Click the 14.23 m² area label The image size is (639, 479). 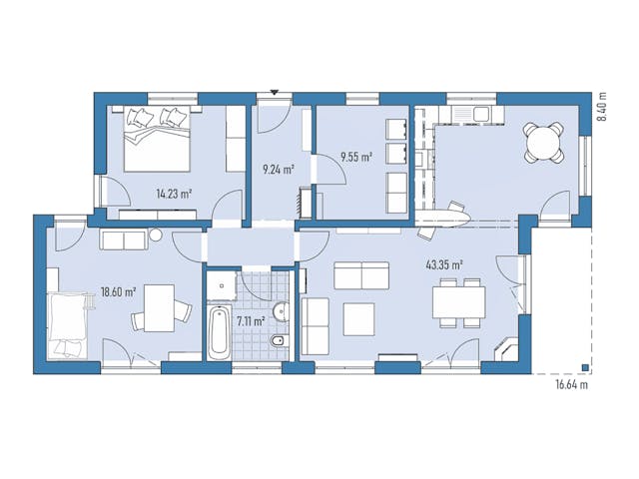point(174,194)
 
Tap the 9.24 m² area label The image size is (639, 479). point(279,169)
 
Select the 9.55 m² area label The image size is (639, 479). point(357,157)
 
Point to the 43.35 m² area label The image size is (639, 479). point(444,265)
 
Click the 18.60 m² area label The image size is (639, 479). point(118,292)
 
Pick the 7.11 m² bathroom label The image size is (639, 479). point(251,321)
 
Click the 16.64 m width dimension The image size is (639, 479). point(572,385)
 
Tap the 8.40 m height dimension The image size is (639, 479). point(601,106)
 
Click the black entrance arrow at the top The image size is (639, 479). point(275,92)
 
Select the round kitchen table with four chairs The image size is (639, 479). point(544,143)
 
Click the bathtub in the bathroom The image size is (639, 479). point(218,332)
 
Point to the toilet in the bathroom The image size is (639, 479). point(280,341)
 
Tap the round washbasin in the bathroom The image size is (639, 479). point(282,312)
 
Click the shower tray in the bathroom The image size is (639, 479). point(222,285)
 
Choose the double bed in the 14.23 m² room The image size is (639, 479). point(158,139)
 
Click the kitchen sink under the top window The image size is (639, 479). point(480,114)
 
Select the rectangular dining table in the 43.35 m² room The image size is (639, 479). point(459,302)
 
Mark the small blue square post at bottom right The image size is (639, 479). point(585,368)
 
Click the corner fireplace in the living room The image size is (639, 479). point(506,348)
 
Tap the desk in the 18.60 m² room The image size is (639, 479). point(160,308)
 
